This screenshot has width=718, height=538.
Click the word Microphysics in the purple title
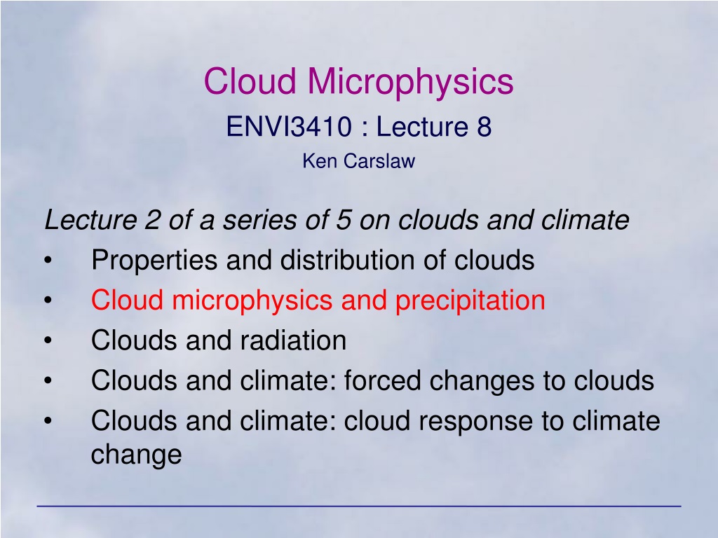pos(410,82)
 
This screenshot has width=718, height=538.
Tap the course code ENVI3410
pos(290,126)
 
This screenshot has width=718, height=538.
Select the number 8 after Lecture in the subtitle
pos(484,126)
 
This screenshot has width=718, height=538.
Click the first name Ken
pos(319,161)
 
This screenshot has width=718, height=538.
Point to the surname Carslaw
pos(379,161)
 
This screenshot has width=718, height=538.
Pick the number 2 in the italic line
pos(152,220)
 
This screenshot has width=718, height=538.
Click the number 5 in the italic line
pos(344,220)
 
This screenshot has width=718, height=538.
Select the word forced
pos(382,381)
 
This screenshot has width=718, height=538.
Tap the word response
pos(475,422)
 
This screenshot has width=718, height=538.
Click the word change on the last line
pos(137,455)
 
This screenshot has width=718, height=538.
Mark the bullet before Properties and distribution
pos(48,261)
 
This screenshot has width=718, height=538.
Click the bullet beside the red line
pos(48,301)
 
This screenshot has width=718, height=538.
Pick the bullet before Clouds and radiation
pos(48,341)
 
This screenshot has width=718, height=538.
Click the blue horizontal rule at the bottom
pos(359,506)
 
